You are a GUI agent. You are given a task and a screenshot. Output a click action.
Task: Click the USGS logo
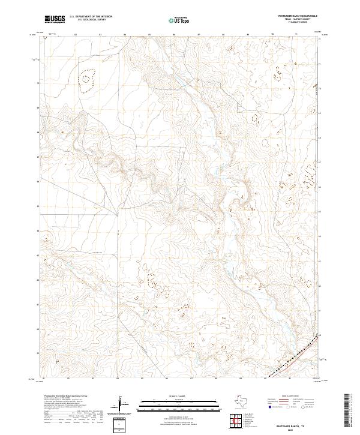pos(55,19)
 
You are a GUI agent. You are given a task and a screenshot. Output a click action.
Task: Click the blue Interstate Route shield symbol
pos(270,406)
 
